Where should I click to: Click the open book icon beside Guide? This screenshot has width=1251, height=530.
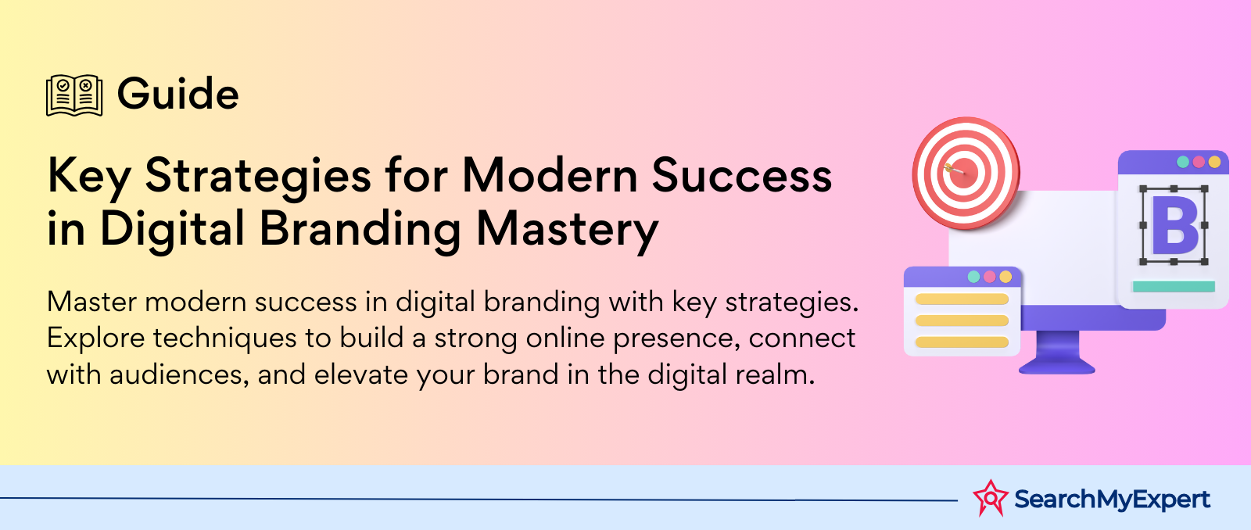click(x=74, y=95)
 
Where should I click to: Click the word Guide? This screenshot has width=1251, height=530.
click(x=178, y=93)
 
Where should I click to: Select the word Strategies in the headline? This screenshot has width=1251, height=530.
click(x=258, y=177)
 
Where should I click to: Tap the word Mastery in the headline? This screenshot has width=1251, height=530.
click(x=568, y=230)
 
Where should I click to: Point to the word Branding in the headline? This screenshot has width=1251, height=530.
click(x=360, y=230)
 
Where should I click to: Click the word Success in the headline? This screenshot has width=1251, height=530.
click(x=742, y=176)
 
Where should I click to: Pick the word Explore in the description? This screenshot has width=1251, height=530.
click(x=95, y=338)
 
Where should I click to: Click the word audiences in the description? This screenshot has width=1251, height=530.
click(x=179, y=374)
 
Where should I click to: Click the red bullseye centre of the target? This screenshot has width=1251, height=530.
click(x=966, y=171)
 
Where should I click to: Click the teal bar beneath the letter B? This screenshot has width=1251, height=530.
click(x=1174, y=287)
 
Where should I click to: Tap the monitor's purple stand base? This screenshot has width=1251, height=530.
click(x=1056, y=367)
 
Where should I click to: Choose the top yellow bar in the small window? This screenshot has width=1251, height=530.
click(x=962, y=299)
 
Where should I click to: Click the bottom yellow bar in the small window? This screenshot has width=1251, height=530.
click(x=962, y=342)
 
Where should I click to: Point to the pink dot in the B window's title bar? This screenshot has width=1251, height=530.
click(x=1199, y=162)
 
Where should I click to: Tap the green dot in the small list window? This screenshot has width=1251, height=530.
click(x=973, y=277)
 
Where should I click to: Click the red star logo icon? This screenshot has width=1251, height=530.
click(x=990, y=498)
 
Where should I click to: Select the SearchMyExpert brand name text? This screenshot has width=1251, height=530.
click(x=1112, y=500)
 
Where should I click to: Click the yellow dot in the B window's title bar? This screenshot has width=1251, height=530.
click(x=1215, y=162)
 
